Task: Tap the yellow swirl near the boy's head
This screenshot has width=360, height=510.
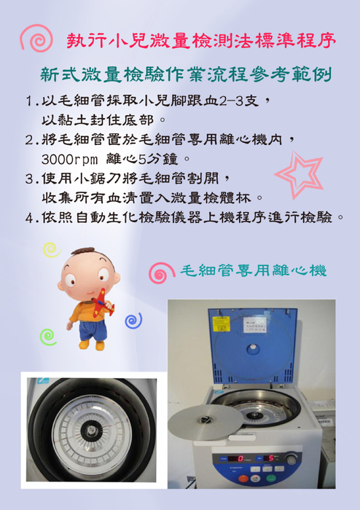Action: (x=50, y=250)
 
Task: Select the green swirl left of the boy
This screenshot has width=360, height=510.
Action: (x=47, y=336)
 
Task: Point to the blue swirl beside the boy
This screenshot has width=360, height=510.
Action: (x=133, y=319)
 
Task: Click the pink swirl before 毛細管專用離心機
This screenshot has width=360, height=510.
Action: (x=159, y=273)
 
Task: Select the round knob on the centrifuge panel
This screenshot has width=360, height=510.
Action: (x=291, y=459)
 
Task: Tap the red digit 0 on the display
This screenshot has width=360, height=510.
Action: (x=240, y=459)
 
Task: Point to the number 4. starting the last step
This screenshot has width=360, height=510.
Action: (x=31, y=218)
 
